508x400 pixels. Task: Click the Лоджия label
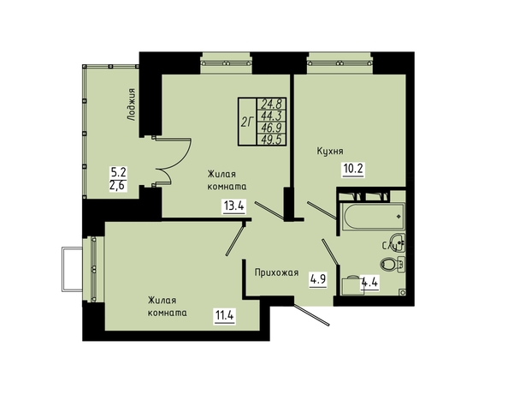point(131,104)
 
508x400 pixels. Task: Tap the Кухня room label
point(330,151)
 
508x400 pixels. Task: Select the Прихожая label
point(276,272)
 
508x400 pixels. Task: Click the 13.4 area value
point(233,206)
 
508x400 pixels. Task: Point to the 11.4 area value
point(225,314)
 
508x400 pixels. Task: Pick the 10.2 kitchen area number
point(353,169)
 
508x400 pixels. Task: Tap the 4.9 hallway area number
point(318,279)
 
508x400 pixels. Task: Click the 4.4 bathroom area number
point(370,283)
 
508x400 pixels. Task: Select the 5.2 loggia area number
point(119,171)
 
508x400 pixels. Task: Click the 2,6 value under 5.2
point(118,186)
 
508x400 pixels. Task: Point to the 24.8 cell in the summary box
point(273,104)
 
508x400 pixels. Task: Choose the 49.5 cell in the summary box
point(273,140)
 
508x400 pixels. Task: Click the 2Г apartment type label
point(247,122)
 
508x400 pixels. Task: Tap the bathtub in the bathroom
point(373,217)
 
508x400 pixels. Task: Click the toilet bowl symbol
point(392,264)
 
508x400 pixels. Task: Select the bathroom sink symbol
point(398,242)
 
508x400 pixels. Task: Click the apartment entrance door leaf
point(311,314)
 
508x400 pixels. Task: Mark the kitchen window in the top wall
point(340,63)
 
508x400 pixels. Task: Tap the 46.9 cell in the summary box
point(273,128)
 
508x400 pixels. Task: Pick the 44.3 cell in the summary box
point(273,116)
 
